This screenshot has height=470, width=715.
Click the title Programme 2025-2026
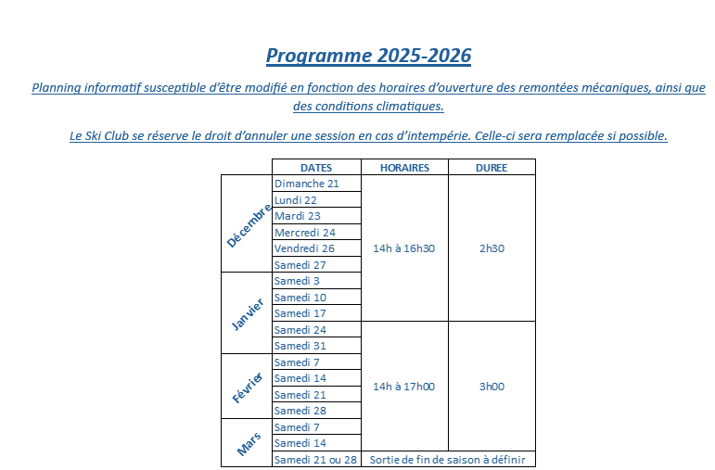coord(368,56)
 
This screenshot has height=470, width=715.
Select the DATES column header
coord(315,168)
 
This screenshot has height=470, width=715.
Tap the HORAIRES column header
coord(403,168)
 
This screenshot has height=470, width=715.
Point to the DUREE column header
coord(491,168)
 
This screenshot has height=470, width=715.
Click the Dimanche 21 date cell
coord(307,184)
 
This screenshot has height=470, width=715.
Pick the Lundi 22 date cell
coord(296,200)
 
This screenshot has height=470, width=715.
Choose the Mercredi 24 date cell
coord(305,232)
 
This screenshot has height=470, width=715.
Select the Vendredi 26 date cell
coord(304,248)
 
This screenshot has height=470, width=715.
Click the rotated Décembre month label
coord(248,225)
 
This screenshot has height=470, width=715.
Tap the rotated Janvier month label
coord(248,313)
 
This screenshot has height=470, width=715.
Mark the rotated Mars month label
coord(248,443)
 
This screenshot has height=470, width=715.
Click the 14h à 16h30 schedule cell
coord(403,248)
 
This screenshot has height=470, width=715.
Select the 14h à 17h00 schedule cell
coord(403,387)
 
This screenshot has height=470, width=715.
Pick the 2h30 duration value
coord(492,248)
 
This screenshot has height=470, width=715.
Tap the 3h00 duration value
coord(492,387)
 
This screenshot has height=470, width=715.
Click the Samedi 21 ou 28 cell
coord(315,460)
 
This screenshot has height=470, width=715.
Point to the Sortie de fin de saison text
coord(447,460)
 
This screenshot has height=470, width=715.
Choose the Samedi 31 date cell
coord(300,346)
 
